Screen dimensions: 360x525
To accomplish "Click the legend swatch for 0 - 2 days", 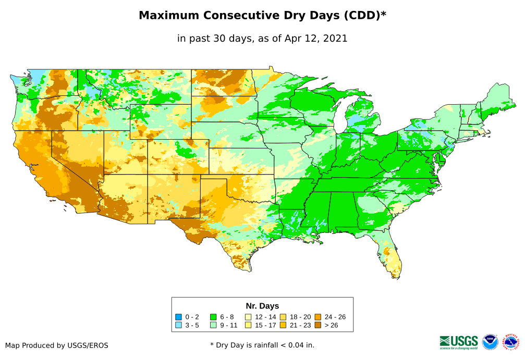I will [179, 317].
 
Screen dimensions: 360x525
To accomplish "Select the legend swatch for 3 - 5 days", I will [179, 325].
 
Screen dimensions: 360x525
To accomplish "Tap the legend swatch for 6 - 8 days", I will [213, 317].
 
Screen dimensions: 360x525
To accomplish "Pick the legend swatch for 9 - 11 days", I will [213, 325].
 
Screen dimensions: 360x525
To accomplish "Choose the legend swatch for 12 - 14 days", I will [248, 317].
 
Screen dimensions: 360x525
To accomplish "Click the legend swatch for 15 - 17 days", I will [248, 325].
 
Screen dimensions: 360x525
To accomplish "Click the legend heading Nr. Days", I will [262, 306].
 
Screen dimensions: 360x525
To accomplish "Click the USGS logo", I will [459, 342].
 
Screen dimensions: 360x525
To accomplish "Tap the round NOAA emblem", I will [490, 342].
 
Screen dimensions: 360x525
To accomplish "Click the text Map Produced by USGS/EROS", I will [57, 345].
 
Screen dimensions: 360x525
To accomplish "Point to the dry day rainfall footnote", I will [262, 345].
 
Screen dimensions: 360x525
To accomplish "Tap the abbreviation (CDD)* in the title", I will [364, 16].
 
